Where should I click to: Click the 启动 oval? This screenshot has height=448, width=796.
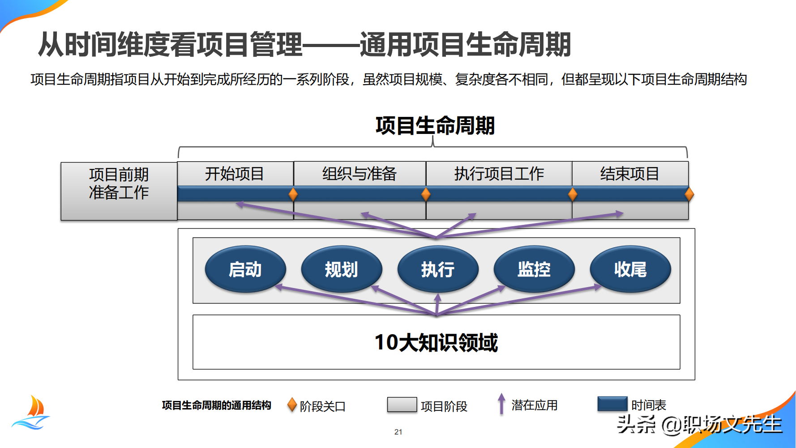click(x=245, y=269)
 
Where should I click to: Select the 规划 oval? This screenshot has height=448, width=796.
click(x=342, y=269)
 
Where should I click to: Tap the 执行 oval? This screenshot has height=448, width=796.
click(x=438, y=269)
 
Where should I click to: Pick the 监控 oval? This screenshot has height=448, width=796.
click(x=534, y=269)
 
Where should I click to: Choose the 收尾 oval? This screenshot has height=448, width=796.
click(x=630, y=269)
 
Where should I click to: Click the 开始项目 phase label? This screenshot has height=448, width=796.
click(x=235, y=174)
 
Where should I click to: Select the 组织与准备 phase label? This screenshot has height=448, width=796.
click(x=359, y=174)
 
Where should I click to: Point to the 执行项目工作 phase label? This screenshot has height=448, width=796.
click(x=499, y=174)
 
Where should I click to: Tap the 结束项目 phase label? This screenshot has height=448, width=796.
click(x=629, y=174)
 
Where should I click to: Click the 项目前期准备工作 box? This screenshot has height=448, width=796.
click(x=119, y=191)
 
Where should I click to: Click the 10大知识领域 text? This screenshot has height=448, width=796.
click(x=436, y=342)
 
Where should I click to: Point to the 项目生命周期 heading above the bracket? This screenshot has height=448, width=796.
click(x=435, y=125)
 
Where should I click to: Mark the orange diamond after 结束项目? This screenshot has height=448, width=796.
click(x=689, y=194)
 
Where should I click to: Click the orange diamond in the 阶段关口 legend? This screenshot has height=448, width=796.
click(x=292, y=405)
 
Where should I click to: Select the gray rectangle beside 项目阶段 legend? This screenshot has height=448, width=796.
click(x=402, y=405)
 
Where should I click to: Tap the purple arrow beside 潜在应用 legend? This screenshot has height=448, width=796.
click(x=501, y=404)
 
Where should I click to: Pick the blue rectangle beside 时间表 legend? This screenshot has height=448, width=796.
click(x=612, y=404)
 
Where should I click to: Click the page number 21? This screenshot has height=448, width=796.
click(x=398, y=432)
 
